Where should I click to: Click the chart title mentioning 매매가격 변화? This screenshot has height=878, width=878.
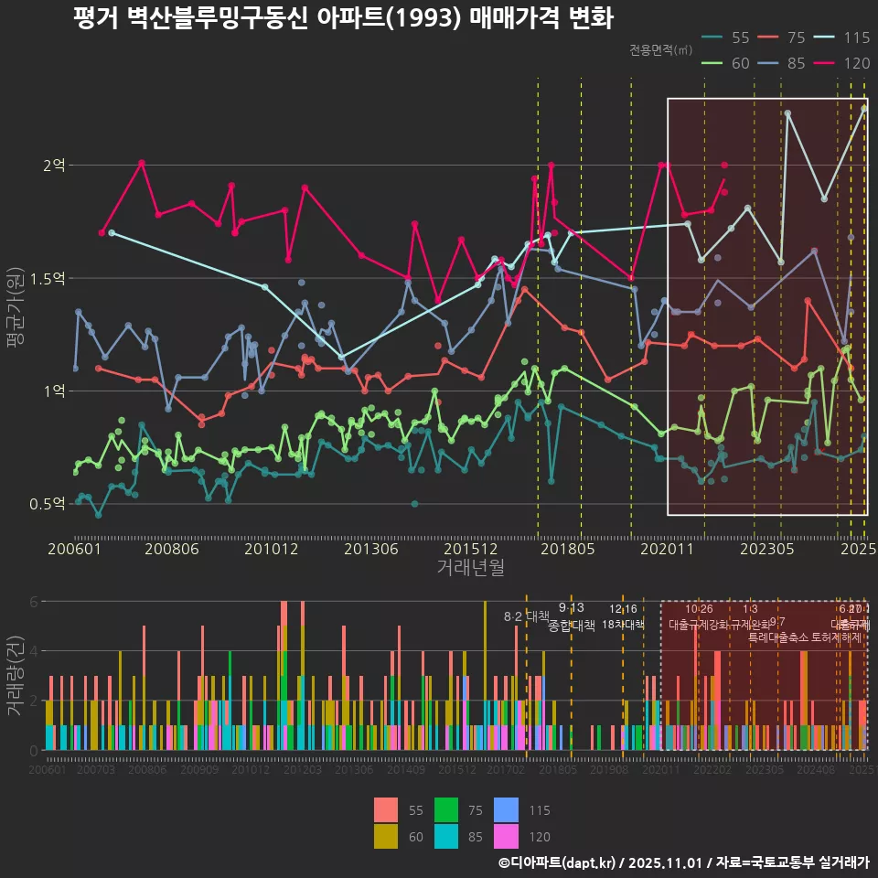pos(343,18)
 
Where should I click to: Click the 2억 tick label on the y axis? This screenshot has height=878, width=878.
pos(54,166)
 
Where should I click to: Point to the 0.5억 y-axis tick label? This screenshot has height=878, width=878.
pos(48,504)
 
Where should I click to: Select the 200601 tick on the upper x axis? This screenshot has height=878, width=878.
pos(74,549)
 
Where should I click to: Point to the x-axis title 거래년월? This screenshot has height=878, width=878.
pos(470,568)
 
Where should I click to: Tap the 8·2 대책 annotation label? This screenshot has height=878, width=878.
pos(527,616)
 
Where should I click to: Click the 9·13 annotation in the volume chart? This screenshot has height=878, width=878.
pos(572,608)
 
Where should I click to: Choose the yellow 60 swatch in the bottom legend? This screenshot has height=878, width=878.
pos(387,836)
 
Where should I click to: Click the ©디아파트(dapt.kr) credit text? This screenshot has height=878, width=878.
pos(557,862)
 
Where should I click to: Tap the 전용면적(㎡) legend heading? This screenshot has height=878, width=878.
pos(660,50)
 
